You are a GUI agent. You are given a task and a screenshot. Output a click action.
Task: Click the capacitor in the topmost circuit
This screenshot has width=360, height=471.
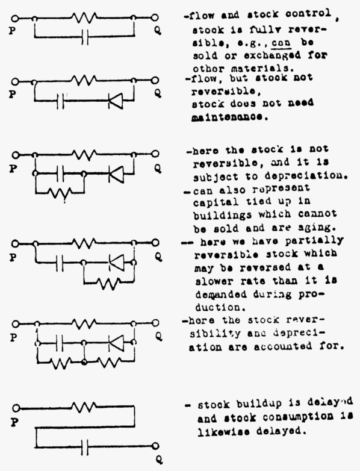85,37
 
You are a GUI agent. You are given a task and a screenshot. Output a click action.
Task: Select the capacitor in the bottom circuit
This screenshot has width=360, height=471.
85,447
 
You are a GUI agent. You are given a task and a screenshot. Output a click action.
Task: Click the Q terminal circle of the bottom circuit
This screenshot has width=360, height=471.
155,446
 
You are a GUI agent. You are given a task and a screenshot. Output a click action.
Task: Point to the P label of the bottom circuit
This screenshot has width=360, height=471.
14,423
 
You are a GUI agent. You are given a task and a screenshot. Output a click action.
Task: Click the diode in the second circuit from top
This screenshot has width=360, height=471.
116,101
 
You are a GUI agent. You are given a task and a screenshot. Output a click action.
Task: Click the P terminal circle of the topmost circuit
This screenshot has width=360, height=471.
15,18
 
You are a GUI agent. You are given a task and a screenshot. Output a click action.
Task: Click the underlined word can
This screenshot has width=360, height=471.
281,43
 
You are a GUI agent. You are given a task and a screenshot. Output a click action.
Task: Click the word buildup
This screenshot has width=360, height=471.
259,404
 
